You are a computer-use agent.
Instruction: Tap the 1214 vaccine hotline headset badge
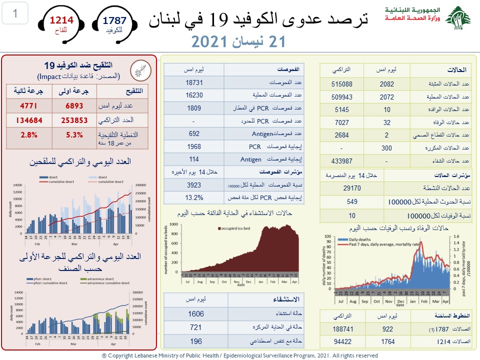[x=61, y=23]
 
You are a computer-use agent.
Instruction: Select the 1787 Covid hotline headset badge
[x=114, y=23]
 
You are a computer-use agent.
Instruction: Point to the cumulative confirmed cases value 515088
[x=342, y=84]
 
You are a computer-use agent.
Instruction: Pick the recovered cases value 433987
[x=342, y=161]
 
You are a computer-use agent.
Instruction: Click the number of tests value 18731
[x=193, y=81]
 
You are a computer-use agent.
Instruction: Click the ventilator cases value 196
[x=196, y=341]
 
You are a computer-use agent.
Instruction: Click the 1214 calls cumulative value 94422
[x=342, y=341]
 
